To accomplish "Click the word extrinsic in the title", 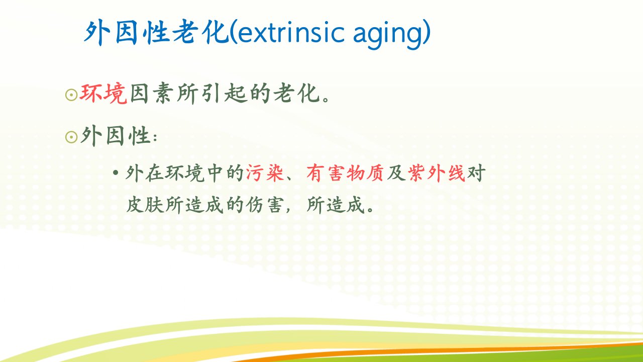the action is (x=290, y=33).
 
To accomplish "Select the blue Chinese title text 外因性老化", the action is (x=156, y=33).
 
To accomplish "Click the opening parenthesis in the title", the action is (x=233, y=32).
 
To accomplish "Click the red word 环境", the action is (x=103, y=93).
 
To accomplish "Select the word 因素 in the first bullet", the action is (x=152, y=93).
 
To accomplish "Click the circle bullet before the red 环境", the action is (x=71, y=95).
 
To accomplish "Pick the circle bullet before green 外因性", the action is (x=71, y=137).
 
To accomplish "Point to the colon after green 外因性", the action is (x=155, y=138).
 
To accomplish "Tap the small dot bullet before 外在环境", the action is (x=116, y=173).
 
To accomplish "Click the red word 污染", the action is (x=265, y=173).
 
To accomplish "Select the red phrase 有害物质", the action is (x=345, y=173).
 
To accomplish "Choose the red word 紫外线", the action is (x=437, y=173).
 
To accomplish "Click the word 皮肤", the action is (x=145, y=205).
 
